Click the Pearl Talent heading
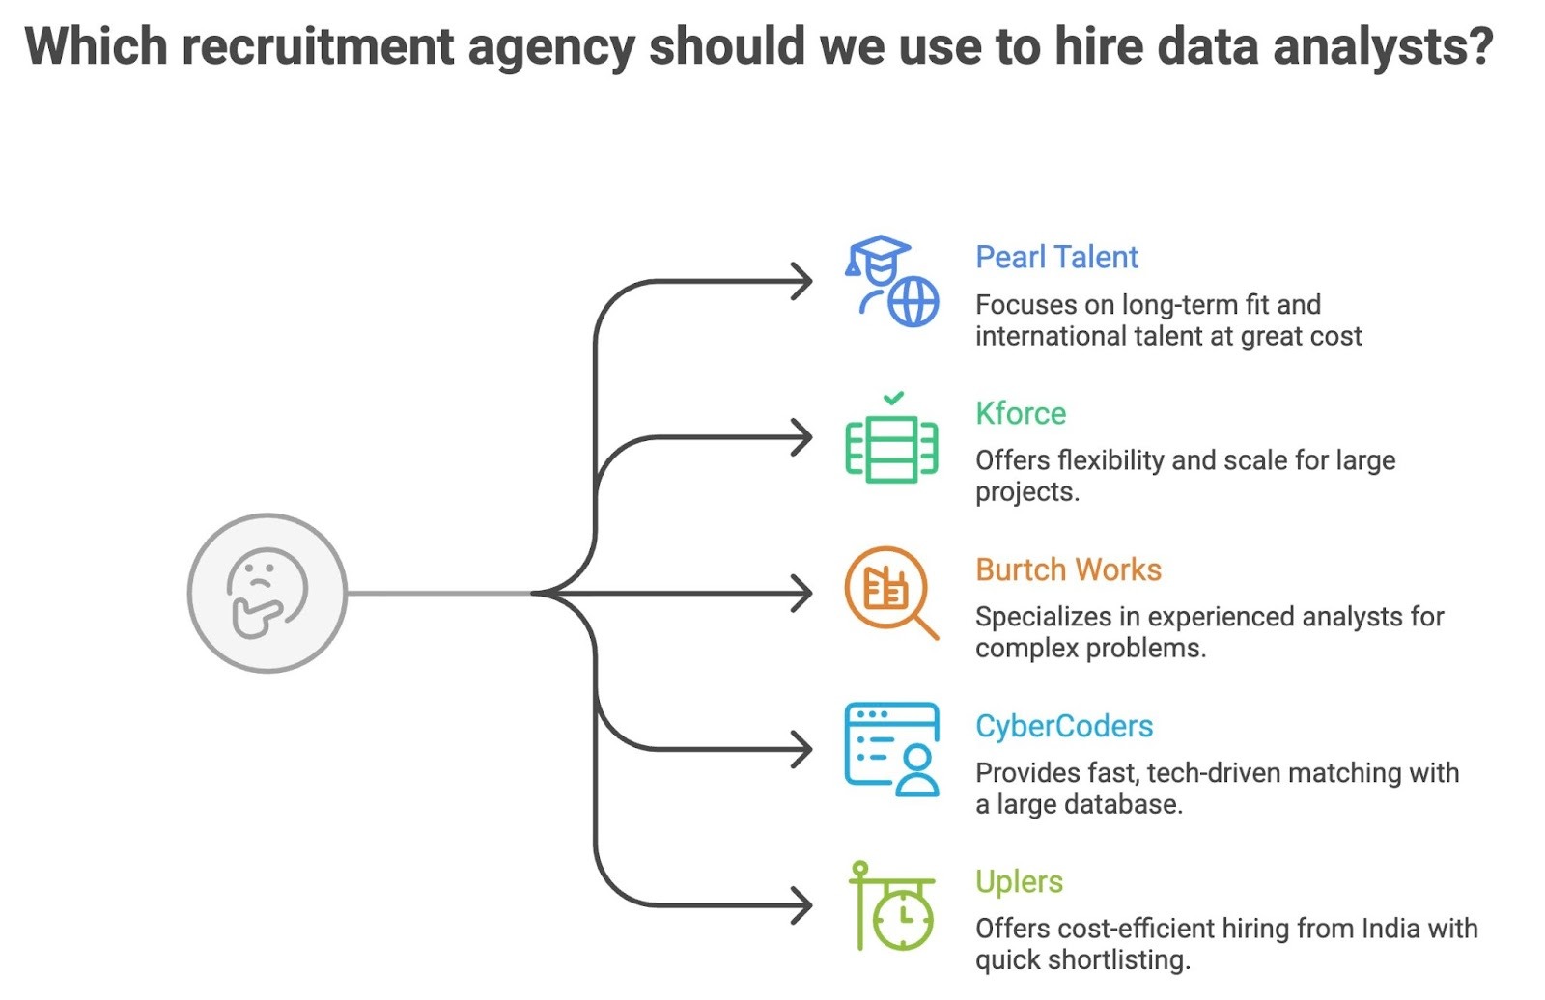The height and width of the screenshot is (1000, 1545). [1056, 258]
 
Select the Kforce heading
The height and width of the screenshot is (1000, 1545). [1021, 414]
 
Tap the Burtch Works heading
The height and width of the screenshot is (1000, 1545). [1068, 570]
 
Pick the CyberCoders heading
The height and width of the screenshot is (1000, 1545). [1064, 726]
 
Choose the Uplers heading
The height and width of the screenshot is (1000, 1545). [1019, 882]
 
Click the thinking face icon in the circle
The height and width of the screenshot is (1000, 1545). [267, 593]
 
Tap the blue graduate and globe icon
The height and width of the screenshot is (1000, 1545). [891, 281]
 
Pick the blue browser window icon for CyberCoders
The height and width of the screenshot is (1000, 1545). [891, 749]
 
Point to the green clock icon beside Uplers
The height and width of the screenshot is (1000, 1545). [892, 906]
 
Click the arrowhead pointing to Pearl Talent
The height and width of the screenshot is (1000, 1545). [802, 282]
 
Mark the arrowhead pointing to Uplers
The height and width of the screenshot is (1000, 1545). [802, 906]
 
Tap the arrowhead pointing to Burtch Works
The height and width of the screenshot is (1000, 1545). [802, 594]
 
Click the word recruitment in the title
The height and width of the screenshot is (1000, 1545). [317, 46]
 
